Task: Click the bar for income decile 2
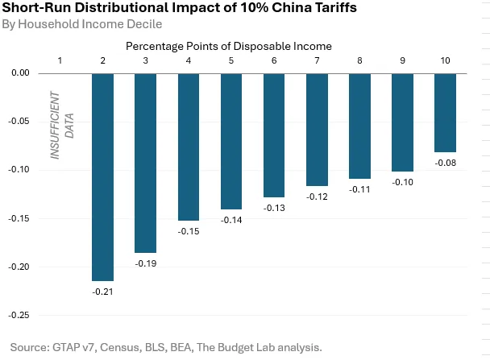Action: click(x=102, y=176)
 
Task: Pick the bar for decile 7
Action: click(x=317, y=130)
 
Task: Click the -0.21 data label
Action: click(x=102, y=291)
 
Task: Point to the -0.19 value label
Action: click(x=145, y=263)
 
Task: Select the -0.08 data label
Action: click(x=445, y=163)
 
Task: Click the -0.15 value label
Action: click(x=188, y=232)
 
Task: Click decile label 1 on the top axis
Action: click(x=60, y=61)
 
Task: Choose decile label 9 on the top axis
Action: click(x=402, y=61)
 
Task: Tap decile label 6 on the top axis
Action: click(x=274, y=61)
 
